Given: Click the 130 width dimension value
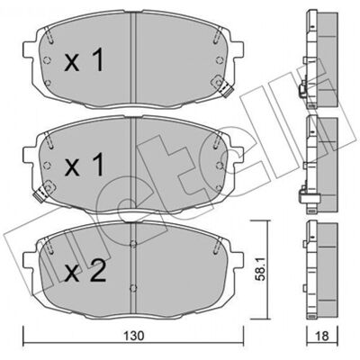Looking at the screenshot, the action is (x=134, y=344).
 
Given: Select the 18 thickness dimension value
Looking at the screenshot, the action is (x=322, y=344).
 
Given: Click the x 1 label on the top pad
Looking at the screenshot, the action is (x=85, y=61).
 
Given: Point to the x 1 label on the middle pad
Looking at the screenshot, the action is (x=85, y=164).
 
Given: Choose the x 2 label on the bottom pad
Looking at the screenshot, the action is (x=85, y=270).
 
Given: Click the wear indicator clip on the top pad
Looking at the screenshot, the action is (x=223, y=86).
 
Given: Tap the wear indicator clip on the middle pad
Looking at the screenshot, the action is (x=44, y=192).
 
